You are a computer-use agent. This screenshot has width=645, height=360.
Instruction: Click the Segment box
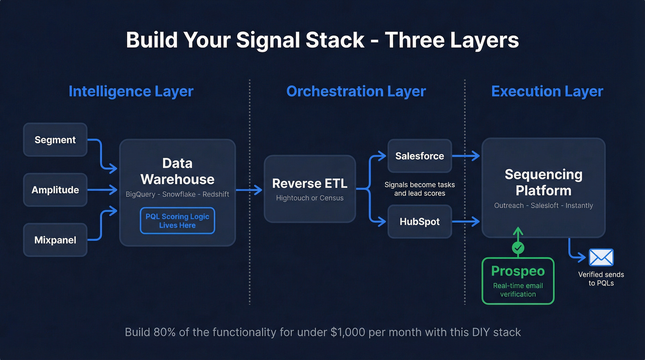click(55, 140)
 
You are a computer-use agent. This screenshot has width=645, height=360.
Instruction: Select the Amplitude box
click(55, 190)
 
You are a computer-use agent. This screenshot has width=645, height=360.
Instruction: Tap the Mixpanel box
click(55, 240)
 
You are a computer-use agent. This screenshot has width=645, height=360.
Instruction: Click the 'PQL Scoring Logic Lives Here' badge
click(177, 221)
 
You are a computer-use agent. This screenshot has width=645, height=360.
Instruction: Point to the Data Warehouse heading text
click(177, 171)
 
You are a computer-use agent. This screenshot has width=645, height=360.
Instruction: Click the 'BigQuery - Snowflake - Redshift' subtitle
click(177, 194)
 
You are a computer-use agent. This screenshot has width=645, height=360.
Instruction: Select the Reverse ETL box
click(310, 189)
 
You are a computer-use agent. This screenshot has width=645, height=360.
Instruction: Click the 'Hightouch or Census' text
click(310, 198)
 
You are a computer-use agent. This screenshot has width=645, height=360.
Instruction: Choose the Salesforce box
click(420, 156)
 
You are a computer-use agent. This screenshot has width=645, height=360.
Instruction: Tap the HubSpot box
click(420, 222)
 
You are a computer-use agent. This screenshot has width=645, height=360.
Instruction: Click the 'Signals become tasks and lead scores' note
click(420, 189)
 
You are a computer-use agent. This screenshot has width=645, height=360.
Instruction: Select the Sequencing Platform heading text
click(544, 182)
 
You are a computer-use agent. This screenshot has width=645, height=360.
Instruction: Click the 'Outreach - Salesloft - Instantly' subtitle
click(544, 206)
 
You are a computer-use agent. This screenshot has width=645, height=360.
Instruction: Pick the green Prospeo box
click(518, 281)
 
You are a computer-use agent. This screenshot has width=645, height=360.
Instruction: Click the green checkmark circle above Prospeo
click(518, 248)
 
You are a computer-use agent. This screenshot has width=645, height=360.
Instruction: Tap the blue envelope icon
click(601, 258)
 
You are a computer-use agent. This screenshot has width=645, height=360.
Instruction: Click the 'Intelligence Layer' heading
click(131, 91)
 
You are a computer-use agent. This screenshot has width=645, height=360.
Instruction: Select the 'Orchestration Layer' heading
click(356, 91)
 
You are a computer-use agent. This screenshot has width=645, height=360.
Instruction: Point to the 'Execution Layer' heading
click(547, 91)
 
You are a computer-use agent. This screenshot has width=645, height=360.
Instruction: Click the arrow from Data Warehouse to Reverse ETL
click(249, 189)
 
